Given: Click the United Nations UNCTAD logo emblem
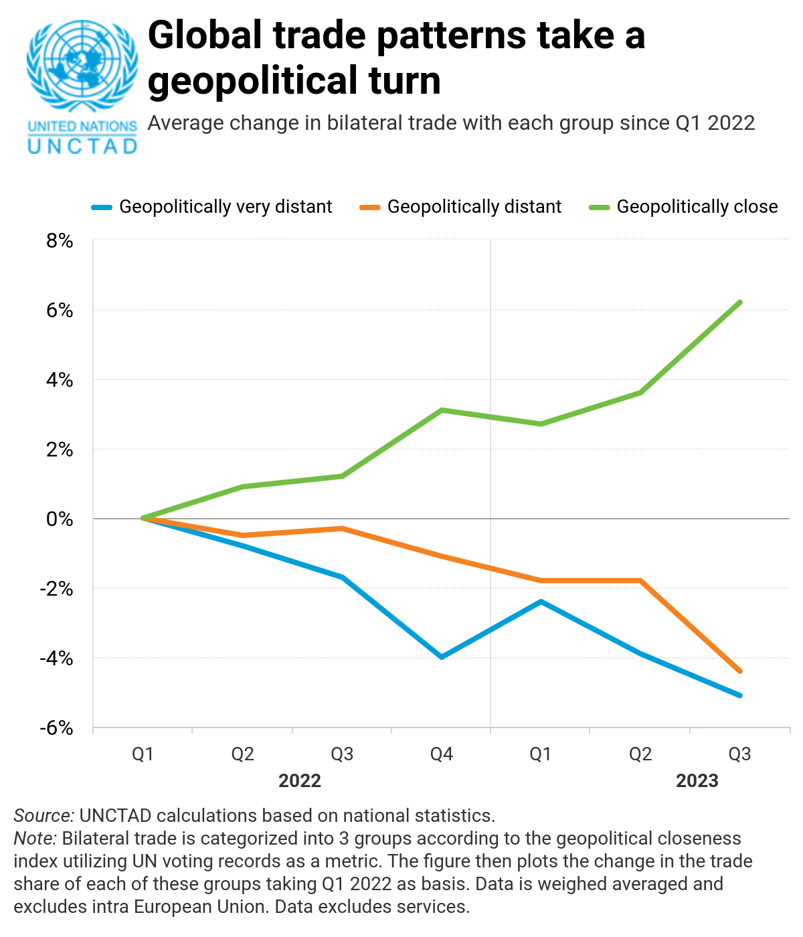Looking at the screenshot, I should pyautogui.click(x=82, y=67).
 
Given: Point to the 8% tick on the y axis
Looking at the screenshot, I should pyautogui.click(x=60, y=241).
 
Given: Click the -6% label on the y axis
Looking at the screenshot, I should pyautogui.click(x=57, y=728).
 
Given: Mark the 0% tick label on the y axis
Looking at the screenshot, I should pyautogui.click(x=60, y=519).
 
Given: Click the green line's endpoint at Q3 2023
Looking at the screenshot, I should pyautogui.click(x=739, y=303).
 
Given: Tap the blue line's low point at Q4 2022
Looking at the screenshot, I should pyautogui.click(x=442, y=657).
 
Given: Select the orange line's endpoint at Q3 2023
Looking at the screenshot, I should pyautogui.click(x=739, y=671).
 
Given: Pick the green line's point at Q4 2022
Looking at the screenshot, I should pyautogui.click(x=442, y=410).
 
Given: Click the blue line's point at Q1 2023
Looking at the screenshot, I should pyautogui.click(x=541, y=602).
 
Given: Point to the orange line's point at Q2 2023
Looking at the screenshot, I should pyautogui.click(x=640, y=580).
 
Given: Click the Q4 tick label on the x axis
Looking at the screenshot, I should pyautogui.click(x=442, y=754).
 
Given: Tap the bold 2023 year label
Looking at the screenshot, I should pyautogui.click(x=697, y=780).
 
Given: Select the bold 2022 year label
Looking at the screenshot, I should pyautogui.click(x=300, y=780).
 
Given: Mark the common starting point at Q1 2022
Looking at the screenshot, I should pyautogui.click(x=143, y=518).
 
